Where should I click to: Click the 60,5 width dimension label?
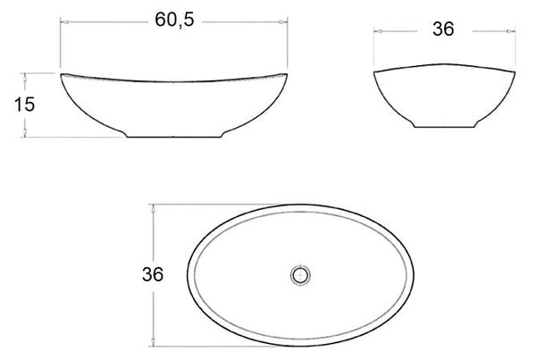click(174, 20)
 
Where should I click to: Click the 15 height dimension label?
click(24, 105)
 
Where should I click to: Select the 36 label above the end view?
click(443, 29)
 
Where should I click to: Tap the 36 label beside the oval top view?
click(153, 274)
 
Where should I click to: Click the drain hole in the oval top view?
click(301, 275)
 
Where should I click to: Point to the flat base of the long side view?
click(174, 137)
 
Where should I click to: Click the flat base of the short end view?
click(444, 127)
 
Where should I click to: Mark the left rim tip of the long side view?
click(61, 74)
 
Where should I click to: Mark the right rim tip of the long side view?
click(287, 74)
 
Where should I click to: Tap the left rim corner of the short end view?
click(374, 71)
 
